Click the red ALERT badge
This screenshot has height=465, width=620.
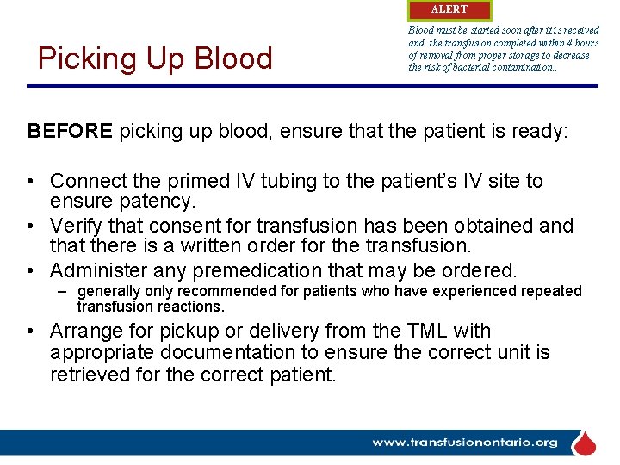click(449, 10)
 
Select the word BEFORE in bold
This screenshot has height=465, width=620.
click(70, 131)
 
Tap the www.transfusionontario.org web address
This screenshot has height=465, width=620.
click(465, 443)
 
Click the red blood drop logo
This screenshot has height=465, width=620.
click(585, 443)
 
